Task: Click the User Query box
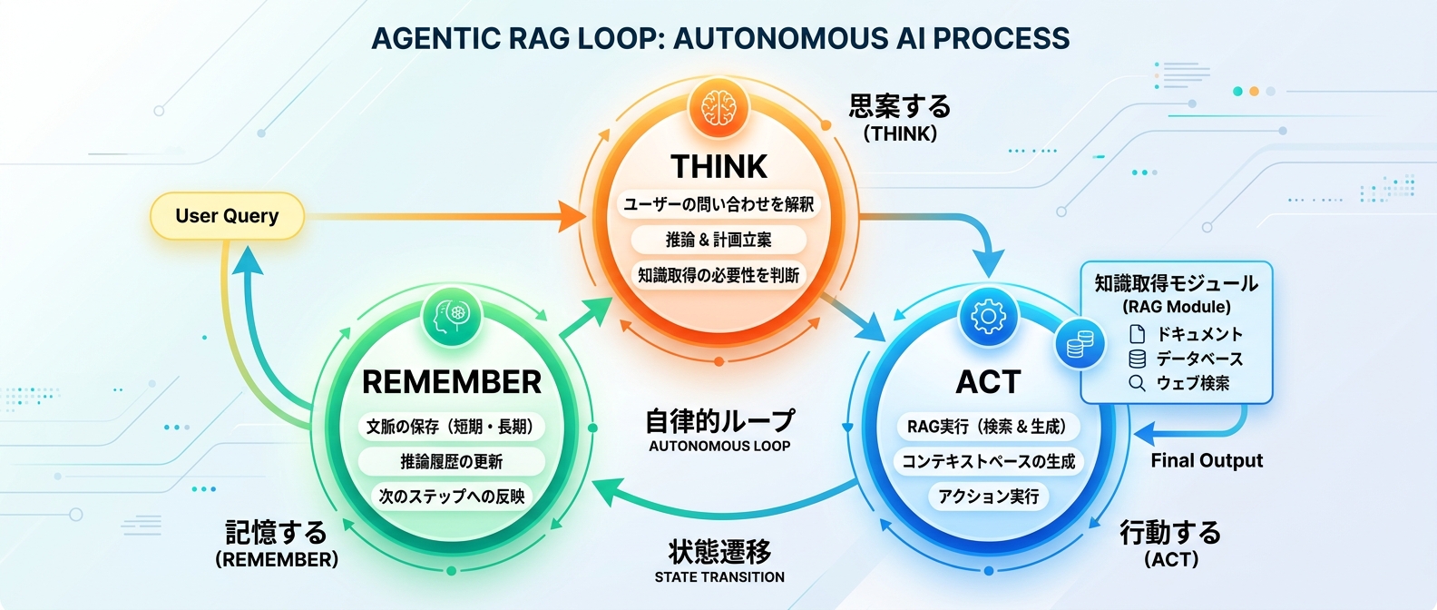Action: coord(227,216)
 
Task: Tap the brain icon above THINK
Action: coord(718,109)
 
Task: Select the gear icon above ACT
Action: coord(988,317)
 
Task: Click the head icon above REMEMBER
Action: coord(451,315)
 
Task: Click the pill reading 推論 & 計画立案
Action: coord(718,240)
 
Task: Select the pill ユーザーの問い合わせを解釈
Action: coord(718,204)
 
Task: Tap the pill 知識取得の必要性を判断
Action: coord(718,275)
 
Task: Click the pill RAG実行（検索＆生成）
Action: coord(988,427)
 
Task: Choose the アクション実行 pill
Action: coord(988,497)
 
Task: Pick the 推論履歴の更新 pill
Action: coord(451,461)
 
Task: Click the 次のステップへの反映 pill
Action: coord(451,497)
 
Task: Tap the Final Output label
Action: coord(1207,461)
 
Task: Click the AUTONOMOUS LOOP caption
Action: coord(719,447)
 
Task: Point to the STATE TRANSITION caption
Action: coord(719,577)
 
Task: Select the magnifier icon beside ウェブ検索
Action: coord(1137,383)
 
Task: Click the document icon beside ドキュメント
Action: coord(1137,333)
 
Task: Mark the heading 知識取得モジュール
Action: coord(1176,283)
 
